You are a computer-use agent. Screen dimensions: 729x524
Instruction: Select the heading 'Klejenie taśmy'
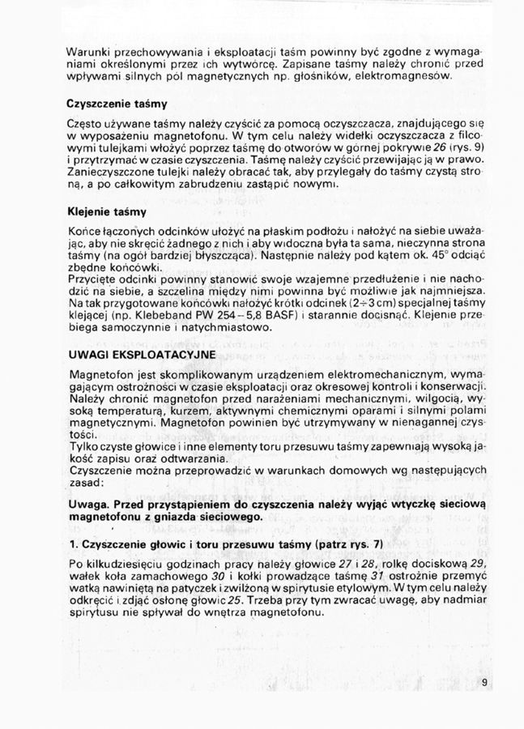pyautogui.click(x=107, y=213)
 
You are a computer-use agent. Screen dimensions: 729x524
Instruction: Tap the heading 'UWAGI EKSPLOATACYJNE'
pyautogui.click(x=130, y=355)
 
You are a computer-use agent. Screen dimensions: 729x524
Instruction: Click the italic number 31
pyautogui.click(x=378, y=576)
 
